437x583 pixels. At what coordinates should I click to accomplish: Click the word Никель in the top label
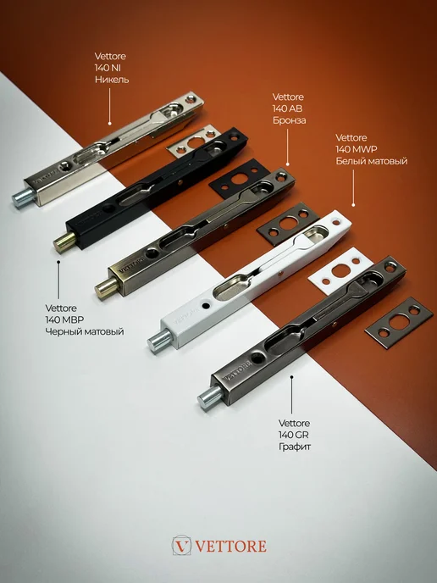112,80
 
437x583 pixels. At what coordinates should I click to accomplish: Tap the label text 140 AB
287,108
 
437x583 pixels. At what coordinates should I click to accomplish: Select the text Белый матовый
372,161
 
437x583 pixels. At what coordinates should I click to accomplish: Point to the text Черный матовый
85,331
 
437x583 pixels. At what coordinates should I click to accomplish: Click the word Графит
295,447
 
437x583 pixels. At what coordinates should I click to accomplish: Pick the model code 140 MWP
357,149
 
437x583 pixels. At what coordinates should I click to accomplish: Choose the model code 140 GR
294,434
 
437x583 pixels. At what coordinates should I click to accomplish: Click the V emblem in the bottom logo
181,546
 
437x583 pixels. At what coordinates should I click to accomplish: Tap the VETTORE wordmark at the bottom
230,547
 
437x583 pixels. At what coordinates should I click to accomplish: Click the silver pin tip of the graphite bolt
209,396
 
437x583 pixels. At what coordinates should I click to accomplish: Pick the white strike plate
340,271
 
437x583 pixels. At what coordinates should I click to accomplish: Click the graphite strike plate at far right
399,321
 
